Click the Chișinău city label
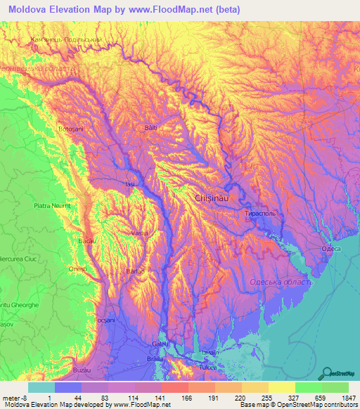[211, 199]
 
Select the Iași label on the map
[129, 184]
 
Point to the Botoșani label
[70, 130]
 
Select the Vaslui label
[140, 233]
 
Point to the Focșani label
[104, 320]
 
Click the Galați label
[161, 344]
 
